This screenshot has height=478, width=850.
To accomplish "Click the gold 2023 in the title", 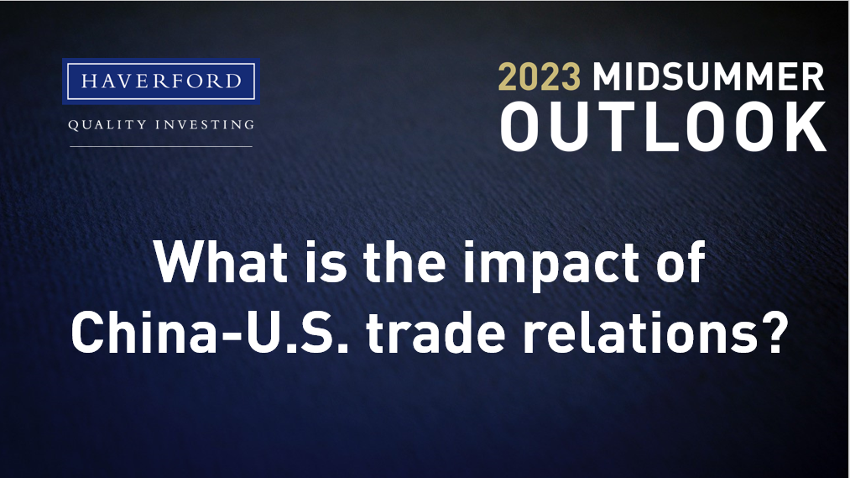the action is [540, 76].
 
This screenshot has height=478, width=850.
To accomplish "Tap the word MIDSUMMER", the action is [708, 76].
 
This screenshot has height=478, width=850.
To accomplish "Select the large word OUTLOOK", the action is [663, 126].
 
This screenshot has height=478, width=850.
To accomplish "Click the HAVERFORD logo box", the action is [161, 81].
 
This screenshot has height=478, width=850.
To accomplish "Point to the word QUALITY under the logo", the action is [107, 125].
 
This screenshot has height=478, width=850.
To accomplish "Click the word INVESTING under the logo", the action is [205, 125].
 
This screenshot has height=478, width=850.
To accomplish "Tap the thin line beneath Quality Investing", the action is [161, 146].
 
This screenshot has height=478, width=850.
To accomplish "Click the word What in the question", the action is [221, 262].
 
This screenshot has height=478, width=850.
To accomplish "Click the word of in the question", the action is [681, 262].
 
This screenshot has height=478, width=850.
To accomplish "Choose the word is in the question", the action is [325, 262].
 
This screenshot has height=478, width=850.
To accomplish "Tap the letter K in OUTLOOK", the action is [806, 126].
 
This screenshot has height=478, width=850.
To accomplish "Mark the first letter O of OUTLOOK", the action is [522, 126].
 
